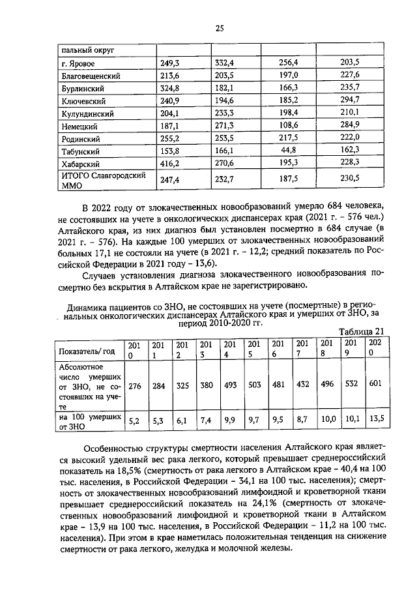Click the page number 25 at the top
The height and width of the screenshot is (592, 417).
220,27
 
